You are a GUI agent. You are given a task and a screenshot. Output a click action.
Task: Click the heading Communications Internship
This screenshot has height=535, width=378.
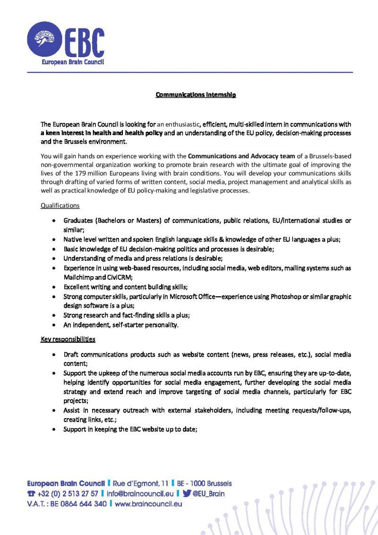point(196,95)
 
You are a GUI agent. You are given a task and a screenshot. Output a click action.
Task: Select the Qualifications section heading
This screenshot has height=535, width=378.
point(60,206)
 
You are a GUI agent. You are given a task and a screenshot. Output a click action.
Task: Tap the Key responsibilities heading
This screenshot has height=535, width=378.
point(68,339)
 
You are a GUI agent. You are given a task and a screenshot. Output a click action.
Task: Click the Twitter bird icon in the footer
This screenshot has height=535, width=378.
point(187,494)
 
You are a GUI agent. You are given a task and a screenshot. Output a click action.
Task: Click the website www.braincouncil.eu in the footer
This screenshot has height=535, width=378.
point(148,504)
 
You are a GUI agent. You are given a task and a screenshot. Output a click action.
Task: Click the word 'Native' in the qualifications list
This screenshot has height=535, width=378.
point(73,240)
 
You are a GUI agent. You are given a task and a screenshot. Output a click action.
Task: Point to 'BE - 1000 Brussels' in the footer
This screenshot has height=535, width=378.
point(204,483)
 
